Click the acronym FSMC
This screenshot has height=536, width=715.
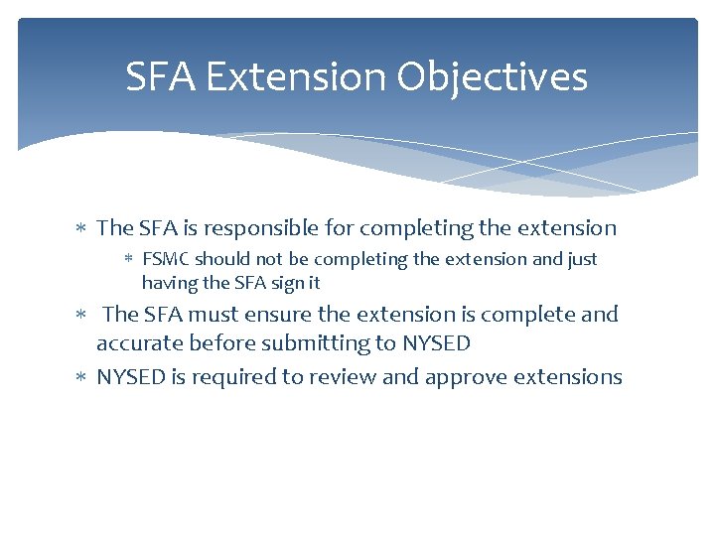(x=166, y=259)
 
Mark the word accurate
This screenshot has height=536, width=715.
(x=137, y=343)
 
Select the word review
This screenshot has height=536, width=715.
(x=349, y=377)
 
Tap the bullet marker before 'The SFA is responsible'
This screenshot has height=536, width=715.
(x=83, y=229)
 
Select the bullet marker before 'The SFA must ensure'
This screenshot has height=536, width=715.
(x=83, y=316)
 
